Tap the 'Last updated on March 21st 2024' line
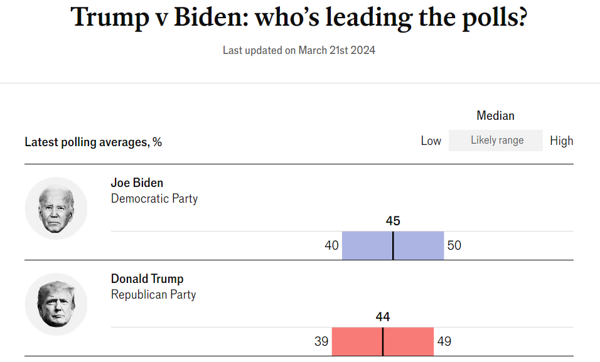coord(299,50)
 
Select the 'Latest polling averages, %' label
coord(93,142)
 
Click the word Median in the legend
coord(495,115)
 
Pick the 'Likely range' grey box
coord(496,141)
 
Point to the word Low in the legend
coord(431,141)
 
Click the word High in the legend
coord(561,141)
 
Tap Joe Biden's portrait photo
coord(56,208)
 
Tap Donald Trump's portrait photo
coord(56,304)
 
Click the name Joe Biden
coord(137,183)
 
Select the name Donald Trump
coord(147,279)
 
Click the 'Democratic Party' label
coord(154,199)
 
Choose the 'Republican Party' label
coord(153,295)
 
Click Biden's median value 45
coord(393,221)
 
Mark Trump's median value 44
coord(383,317)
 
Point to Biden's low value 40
coord(331,245)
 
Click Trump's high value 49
coord(444,341)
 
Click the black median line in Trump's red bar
coord(383,341)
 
